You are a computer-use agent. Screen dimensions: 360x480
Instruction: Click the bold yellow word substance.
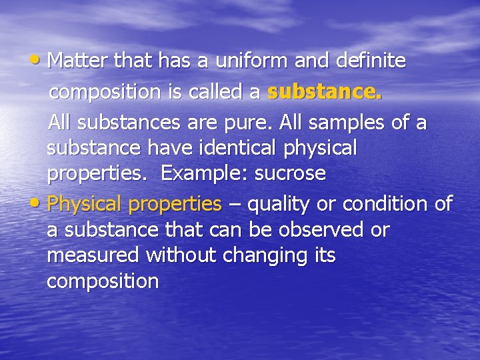tap(324, 93)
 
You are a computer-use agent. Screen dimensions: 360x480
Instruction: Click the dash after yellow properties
tap(234, 204)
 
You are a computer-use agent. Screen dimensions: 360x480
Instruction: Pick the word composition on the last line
tap(103, 282)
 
